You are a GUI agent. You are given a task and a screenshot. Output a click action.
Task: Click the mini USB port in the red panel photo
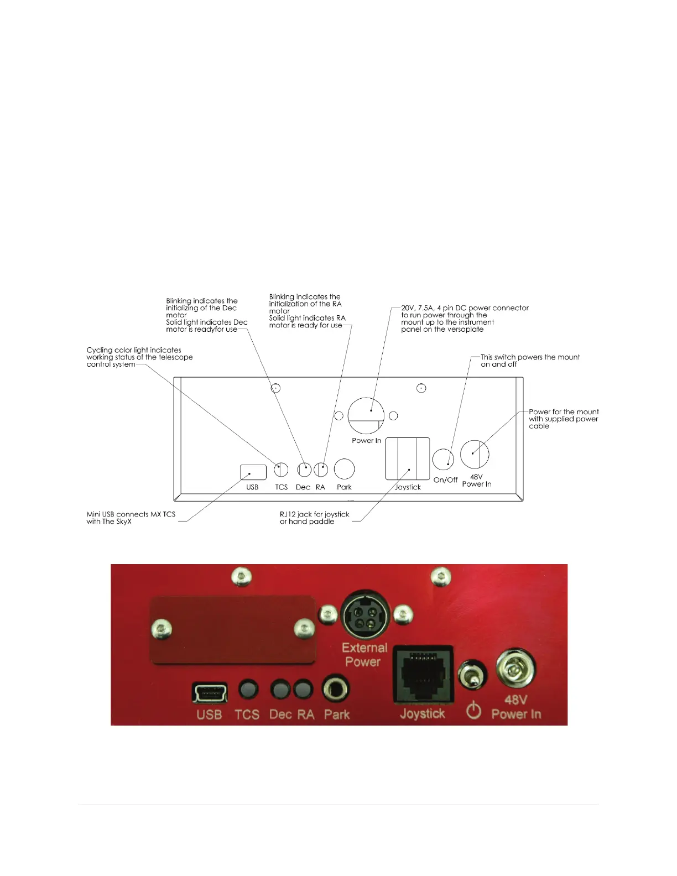(x=210, y=692)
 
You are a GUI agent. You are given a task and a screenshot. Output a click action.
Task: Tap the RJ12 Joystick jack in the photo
(x=423, y=675)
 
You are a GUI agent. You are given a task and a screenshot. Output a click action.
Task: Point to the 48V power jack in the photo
(x=515, y=670)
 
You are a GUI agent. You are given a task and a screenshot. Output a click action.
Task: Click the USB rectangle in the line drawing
(x=253, y=472)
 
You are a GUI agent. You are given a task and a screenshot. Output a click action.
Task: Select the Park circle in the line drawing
(x=344, y=469)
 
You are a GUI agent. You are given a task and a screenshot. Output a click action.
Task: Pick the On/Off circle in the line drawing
(x=443, y=459)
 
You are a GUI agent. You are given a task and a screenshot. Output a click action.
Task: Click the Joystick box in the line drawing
(x=408, y=458)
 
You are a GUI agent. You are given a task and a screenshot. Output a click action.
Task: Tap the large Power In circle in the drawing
(x=366, y=415)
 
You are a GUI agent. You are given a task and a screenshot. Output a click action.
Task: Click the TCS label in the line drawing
(x=282, y=487)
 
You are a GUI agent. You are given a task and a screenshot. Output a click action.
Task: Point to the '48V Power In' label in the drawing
(x=476, y=481)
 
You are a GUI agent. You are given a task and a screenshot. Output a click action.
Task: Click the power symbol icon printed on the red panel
(x=473, y=710)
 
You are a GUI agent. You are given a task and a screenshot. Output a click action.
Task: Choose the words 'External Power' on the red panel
(x=364, y=655)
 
